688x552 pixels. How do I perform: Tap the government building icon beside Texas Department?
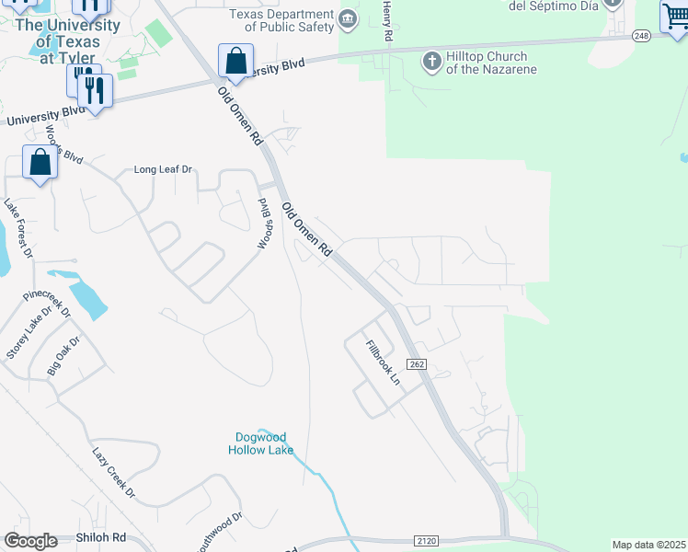[347, 18]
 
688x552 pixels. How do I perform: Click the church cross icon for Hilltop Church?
[431, 63]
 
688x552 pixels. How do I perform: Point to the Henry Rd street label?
[387, 19]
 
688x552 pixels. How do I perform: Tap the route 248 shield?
[641, 35]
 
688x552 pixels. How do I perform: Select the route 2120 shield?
[426, 540]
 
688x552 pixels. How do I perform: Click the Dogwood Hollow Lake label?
[261, 443]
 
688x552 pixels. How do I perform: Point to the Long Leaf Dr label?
[163, 169]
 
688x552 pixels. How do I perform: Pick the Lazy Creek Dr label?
[113, 473]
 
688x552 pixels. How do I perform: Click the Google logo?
[30, 541]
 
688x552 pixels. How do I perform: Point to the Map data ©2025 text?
[649, 545]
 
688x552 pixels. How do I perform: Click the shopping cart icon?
[674, 16]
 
